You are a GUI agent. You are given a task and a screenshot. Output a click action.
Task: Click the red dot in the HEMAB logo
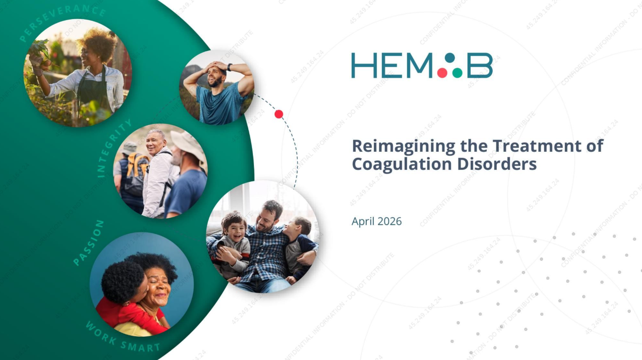[442, 73]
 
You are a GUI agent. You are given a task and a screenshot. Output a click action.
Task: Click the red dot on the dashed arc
[279, 114]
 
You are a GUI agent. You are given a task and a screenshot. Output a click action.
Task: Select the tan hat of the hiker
[187, 144]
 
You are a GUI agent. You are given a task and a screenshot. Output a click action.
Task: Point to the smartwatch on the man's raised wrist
[230, 67]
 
